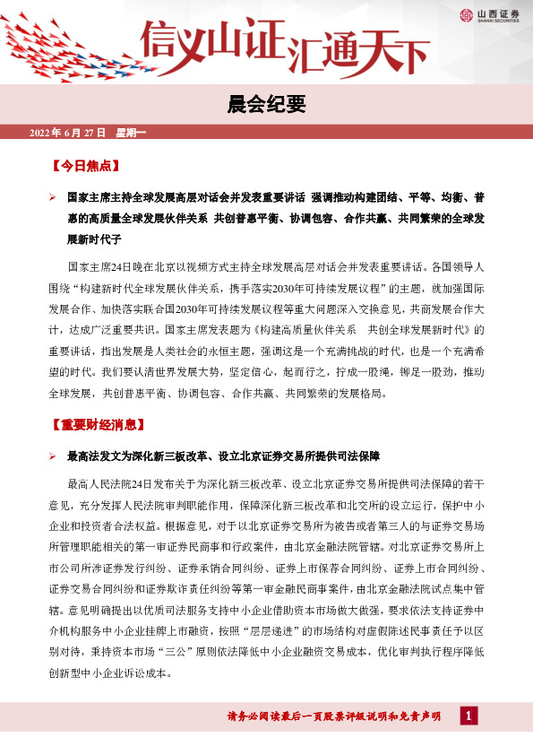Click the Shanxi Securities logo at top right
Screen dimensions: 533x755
point(488,13)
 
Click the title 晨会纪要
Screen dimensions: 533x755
point(266,106)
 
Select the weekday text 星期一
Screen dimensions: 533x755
point(131,133)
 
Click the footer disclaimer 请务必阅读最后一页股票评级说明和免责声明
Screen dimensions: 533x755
point(334,716)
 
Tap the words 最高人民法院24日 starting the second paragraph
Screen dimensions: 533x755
point(118,484)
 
